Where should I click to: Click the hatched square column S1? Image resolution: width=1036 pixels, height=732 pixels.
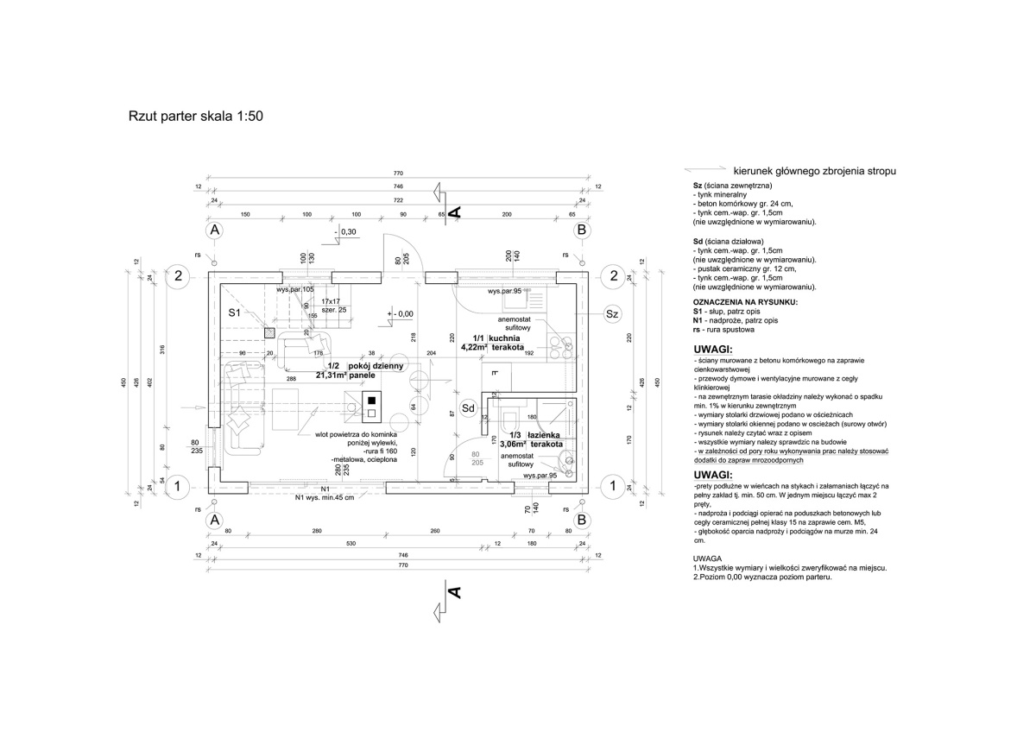tap(269, 331)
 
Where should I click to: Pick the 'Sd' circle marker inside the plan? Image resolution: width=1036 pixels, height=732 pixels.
tap(468, 407)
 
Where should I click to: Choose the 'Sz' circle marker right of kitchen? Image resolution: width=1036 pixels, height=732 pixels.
tap(612, 313)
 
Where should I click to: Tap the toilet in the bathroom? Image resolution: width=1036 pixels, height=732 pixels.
tap(509, 422)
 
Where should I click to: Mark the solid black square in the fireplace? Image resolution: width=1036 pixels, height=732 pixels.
tap(372, 401)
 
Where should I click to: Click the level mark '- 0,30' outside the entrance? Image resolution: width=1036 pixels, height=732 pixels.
tap(347, 232)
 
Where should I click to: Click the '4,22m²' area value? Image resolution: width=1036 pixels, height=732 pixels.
tap(473, 347)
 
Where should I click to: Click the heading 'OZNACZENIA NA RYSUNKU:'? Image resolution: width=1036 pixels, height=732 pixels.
tap(745, 302)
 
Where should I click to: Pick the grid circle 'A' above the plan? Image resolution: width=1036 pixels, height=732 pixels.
tap(215, 230)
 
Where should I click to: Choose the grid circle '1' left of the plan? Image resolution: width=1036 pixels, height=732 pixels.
tap(177, 486)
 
